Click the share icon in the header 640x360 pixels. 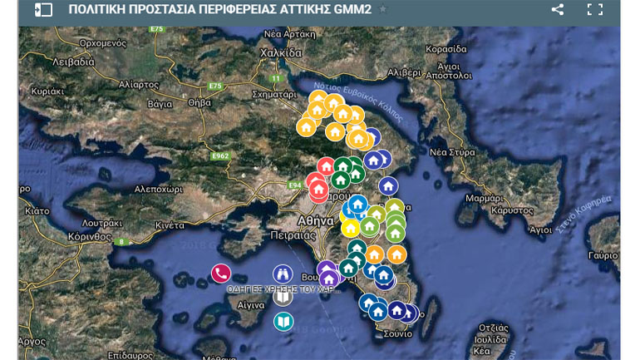point(558,10)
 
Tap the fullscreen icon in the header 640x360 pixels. point(594,10)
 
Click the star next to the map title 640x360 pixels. point(382,10)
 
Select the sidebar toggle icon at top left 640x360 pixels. point(43,10)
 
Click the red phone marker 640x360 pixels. point(220,273)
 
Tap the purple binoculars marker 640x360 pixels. point(283,274)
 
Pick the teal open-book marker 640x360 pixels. point(283,321)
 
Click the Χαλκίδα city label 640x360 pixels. point(281,52)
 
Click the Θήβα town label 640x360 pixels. point(199,103)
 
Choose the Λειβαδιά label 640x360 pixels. point(73,62)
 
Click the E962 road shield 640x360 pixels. point(219,156)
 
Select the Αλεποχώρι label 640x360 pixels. point(158,189)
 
